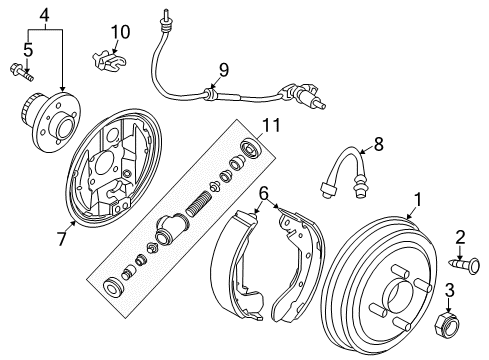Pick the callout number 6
point(264,192)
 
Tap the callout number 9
point(223,70)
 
